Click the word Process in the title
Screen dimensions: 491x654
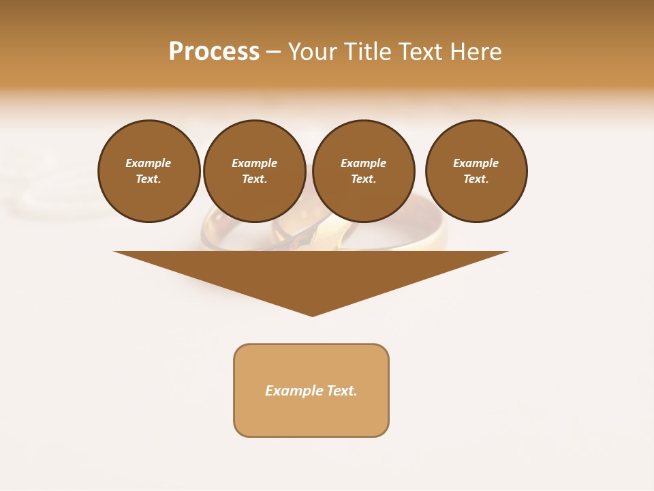214,52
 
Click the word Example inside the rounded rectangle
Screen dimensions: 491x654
294,391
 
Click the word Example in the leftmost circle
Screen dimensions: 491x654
149,163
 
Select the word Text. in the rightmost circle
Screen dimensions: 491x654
476,179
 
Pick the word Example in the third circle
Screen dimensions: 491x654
363,163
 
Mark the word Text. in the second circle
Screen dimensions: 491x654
254,179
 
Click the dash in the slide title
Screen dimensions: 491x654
273,52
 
